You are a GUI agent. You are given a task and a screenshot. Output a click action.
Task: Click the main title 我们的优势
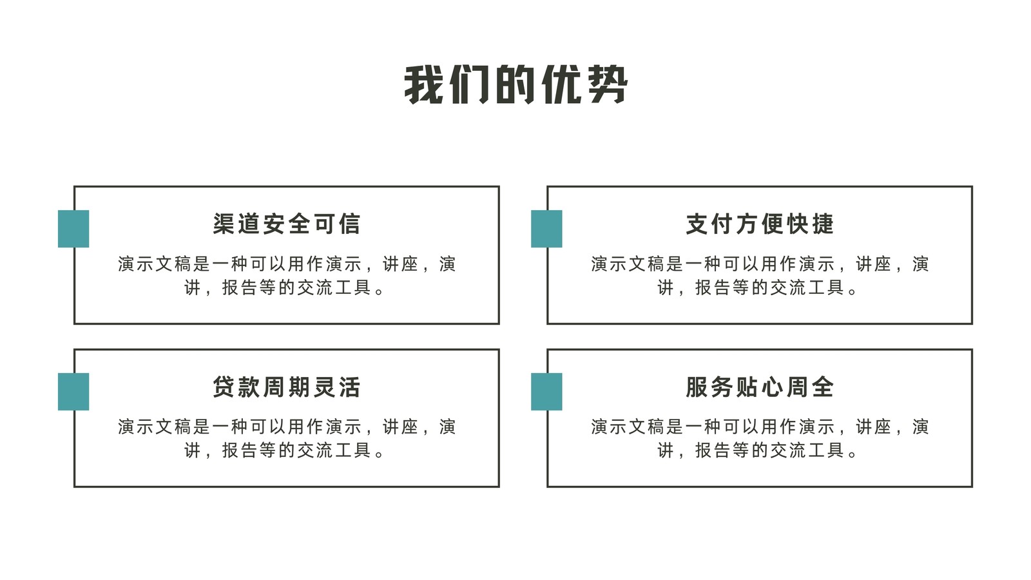(x=515, y=84)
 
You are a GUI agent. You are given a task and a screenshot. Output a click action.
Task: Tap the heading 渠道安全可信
(x=286, y=224)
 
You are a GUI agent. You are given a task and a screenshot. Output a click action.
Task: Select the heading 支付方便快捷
(x=760, y=224)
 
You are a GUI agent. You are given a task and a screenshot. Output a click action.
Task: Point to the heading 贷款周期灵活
(x=286, y=387)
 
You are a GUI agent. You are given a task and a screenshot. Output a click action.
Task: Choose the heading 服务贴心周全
(x=760, y=387)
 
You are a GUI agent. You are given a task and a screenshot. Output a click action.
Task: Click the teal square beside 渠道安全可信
(x=73, y=229)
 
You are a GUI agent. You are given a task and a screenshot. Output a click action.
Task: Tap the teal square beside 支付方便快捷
(x=546, y=229)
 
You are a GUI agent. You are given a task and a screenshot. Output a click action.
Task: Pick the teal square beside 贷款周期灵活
(x=73, y=392)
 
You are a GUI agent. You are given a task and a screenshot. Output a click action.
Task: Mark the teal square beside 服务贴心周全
(x=546, y=392)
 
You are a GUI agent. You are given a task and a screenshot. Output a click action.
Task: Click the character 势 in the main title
(x=608, y=84)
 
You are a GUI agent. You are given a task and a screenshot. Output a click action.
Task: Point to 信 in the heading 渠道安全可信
(x=349, y=224)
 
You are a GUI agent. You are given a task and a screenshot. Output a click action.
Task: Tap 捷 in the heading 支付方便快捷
(x=822, y=224)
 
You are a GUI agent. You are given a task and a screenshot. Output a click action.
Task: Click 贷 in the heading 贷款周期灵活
(x=224, y=387)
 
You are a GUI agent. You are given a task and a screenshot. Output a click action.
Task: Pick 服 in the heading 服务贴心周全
(x=697, y=387)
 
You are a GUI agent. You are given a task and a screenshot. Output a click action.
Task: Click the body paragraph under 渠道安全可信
(x=286, y=276)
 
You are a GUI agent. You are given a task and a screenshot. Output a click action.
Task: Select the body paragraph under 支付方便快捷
(x=760, y=276)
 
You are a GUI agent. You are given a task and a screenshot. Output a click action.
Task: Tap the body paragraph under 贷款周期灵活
(x=286, y=439)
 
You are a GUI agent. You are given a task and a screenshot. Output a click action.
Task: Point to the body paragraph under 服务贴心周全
(x=760, y=439)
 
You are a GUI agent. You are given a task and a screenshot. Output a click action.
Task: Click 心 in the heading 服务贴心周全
(x=773, y=387)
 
